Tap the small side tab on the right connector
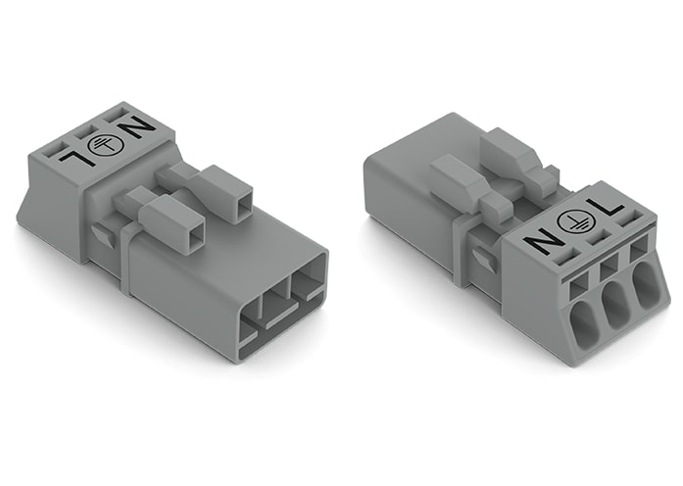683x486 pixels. [x=480, y=258]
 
